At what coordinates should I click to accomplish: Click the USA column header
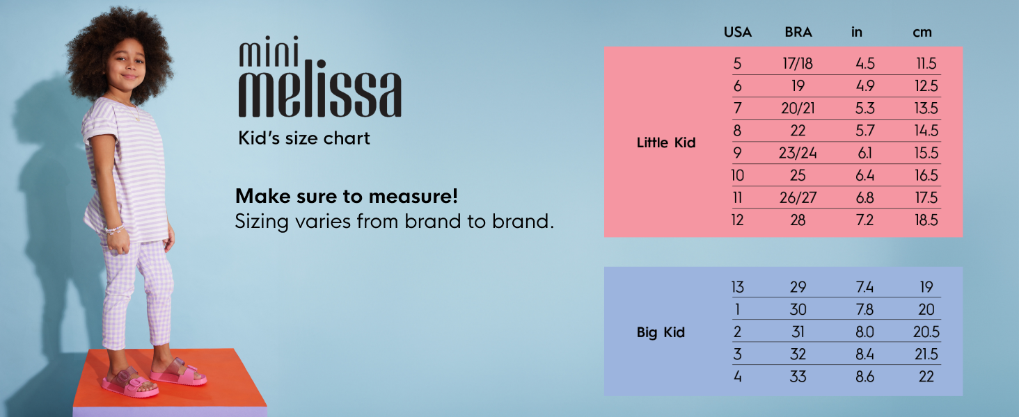click(737, 32)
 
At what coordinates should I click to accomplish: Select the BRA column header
click(798, 32)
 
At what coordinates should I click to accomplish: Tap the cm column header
click(922, 33)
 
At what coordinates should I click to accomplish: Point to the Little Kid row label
click(666, 142)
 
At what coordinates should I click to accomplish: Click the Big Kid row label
click(661, 332)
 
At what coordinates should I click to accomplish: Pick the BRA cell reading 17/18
click(798, 64)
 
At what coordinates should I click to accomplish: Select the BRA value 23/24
click(798, 153)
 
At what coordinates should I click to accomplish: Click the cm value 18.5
click(926, 220)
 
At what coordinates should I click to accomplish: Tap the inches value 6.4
click(864, 175)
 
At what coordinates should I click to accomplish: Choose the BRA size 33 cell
click(798, 377)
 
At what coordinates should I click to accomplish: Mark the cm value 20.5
click(926, 332)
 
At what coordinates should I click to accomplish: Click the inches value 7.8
click(864, 310)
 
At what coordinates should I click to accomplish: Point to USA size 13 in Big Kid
click(737, 287)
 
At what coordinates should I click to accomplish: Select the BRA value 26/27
click(798, 197)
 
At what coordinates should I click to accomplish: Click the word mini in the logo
click(269, 51)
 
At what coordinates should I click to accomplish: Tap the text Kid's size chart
click(304, 138)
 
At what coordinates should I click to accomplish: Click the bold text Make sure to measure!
click(346, 196)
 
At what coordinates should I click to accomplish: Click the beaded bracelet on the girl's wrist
click(115, 229)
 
